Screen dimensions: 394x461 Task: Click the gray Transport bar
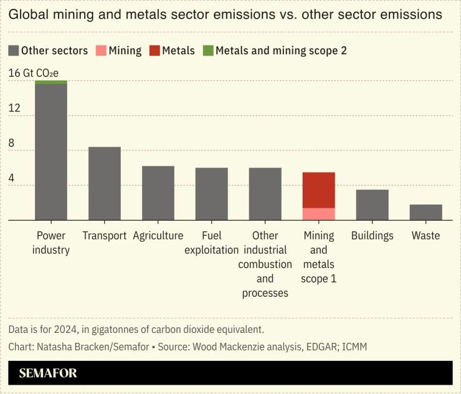pyautogui.click(x=105, y=183)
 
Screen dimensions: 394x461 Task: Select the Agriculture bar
pyautogui.click(x=158, y=193)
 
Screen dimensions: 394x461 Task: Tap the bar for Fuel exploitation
pyautogui.click(x=212, y=194)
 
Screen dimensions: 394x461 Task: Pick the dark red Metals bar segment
pyautogui.click(x=319, y=190)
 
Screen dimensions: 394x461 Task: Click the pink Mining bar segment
pyautogui.click(x=319, y=214)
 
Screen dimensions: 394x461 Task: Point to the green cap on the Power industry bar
pyautogui.click(x=51, y=82)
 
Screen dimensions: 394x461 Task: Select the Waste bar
pyautogui.click(x=426, y=212)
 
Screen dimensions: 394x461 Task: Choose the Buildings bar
pyautogui.click(x=373, y=204)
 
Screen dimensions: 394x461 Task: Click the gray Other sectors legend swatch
pyautogui.click(x=14, y=51)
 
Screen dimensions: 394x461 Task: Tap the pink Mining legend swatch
pyautogui.click(x=101, y=51)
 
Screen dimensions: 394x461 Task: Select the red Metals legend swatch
pyautogui.click(x=154, y=51)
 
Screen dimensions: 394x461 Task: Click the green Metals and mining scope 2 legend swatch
pyautogui.click(x=208, y=51)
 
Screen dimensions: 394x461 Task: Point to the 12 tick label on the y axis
pyautogui.click(x=14, y=108)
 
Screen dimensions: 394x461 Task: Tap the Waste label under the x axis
pyautogui.click(x=426, y=236)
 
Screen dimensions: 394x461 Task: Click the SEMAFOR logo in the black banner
pyautogui.click(x=48, y=373)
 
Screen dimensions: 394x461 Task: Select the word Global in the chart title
pyautogui.click(x=29, y=14)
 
